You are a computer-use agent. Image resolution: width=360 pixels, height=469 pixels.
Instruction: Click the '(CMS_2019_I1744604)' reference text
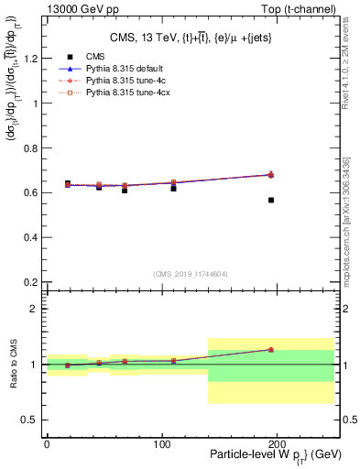(x=190, y=273)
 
